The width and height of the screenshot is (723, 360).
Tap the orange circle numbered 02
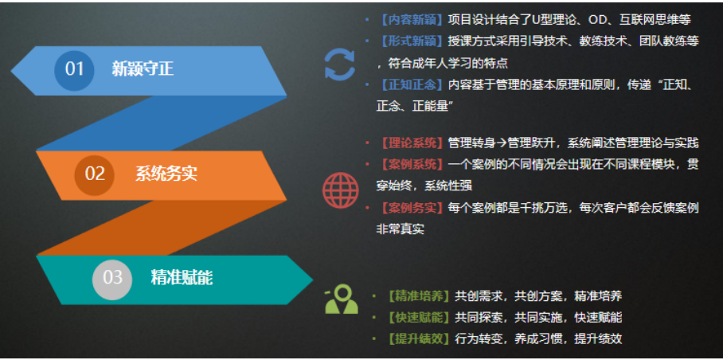pos(95,175)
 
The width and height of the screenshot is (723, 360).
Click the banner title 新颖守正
pos(143,69)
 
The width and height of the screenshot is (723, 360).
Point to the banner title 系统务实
pos(166,174)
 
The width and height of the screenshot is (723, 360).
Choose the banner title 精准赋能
pos(182,279)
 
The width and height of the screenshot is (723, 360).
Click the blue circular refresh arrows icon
pos(340,65)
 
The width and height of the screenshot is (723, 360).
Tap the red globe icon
pos(340,190)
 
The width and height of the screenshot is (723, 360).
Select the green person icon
pos(342,299)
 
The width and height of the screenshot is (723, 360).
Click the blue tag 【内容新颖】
pos(412,20)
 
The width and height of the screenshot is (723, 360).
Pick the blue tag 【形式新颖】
pos(412,41)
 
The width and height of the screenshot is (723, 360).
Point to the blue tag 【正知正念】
pos(412,85)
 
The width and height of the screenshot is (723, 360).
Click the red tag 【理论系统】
pos(412,143)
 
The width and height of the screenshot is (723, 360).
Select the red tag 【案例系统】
pos(412,164)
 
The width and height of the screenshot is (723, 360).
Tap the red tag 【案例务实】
pos(412,208)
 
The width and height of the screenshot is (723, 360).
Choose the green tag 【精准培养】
pos(419,296)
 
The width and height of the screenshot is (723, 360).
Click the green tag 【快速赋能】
pos(419,318)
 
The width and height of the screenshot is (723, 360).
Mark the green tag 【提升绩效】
pos(419,339)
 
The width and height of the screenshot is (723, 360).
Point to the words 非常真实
pos(401,229)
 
